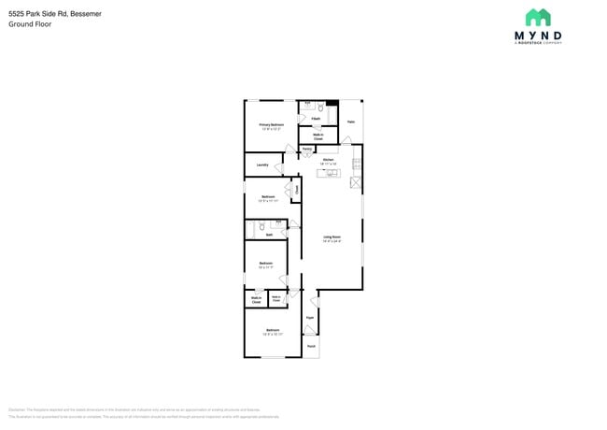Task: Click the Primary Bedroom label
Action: click(x=271, y=124)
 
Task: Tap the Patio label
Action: click(x=350, y=122)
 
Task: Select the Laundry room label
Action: click(x=262, y=165)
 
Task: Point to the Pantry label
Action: click(x=306, y=150)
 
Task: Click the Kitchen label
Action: click(x=328, y=161)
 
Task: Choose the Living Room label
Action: click(x=332, y=237)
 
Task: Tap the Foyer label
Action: click(x=309, y=318)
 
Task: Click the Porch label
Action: click(x=311, y=346)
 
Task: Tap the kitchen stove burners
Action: click(x=356, y=165)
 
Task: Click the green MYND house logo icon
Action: click(x=537, y=17)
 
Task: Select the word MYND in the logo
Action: click(x=537, y=36)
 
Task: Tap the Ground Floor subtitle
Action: click(x=30, y=24)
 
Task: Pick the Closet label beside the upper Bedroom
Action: click(x=297, y=190)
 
